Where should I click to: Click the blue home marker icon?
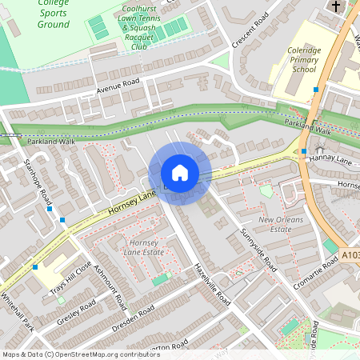pos(180,173)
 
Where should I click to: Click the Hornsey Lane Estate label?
pos(141,246)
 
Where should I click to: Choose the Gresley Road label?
pos(77,312)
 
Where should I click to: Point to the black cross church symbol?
pos(336,6)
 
